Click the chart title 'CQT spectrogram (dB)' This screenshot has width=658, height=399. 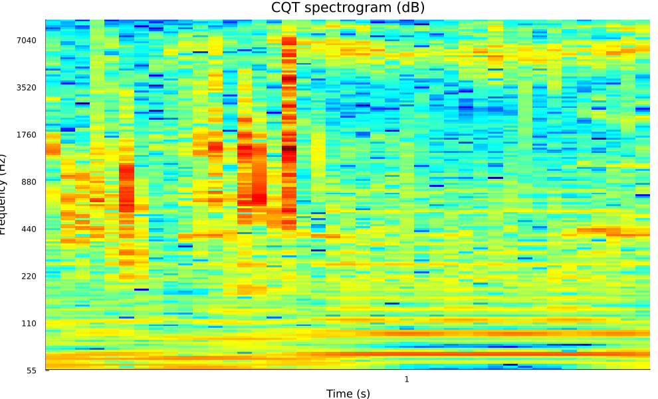pos(348,8)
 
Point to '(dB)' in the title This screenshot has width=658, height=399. pos(411,8)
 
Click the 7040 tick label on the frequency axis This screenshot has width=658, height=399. pos(27,41)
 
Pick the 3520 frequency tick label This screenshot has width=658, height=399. pos(27,88)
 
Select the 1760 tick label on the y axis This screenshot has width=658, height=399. pos(27,135)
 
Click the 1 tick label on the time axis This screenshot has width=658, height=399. pos(407,379)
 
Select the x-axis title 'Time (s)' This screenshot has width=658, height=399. pos(348,394)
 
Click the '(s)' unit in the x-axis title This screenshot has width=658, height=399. pos(363,394)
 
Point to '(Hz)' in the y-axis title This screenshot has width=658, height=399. pos(3,162)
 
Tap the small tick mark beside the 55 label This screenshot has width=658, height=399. pos(47,370)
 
